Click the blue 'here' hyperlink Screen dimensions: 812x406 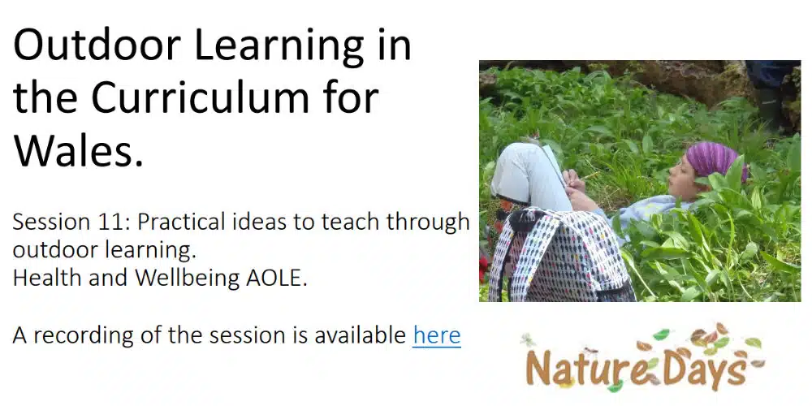437,335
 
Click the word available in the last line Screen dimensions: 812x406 360,335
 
